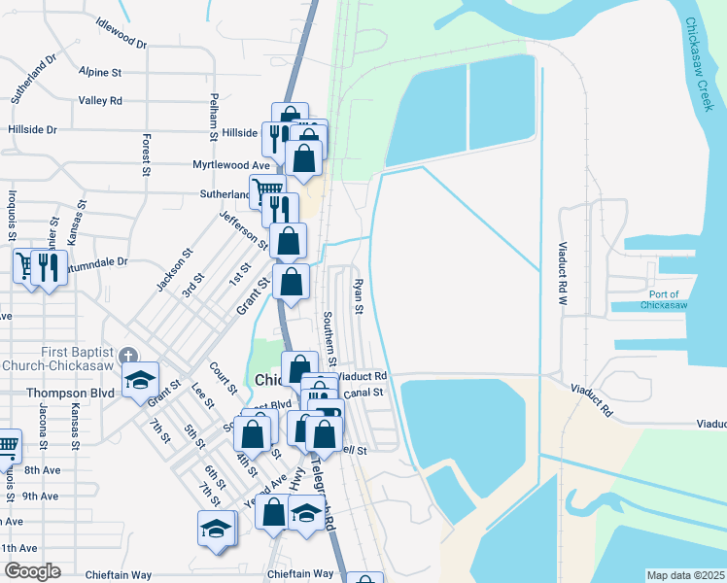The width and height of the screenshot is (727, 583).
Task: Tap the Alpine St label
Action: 100,73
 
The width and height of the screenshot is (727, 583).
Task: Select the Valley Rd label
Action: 100,100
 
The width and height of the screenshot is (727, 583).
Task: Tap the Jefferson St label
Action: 243,229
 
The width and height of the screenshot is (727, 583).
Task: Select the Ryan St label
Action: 358,296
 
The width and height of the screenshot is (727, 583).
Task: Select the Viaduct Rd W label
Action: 562,275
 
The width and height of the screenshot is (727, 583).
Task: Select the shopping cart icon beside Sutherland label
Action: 267,189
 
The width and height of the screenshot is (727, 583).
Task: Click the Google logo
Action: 31,571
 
